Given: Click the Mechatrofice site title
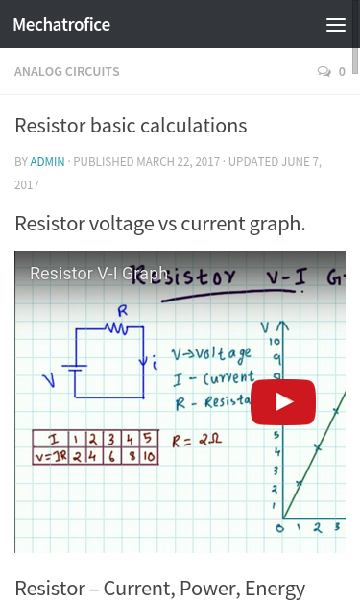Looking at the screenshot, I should pyautogui.click(x=61, y=25).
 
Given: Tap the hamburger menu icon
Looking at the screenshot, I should pyautogui.click(x=336, y=25).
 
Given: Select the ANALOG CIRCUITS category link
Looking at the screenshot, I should pyautogui.click(x=67, y=72).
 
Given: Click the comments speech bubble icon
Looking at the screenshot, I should pyautogui.click(x=324, y=72).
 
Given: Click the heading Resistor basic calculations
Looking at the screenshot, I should pyautogui.click(x=131, y=126).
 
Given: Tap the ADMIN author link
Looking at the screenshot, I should pyautogui.click(x=47, y=161).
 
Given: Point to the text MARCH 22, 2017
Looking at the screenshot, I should pyautogui.click(x=178, y=161).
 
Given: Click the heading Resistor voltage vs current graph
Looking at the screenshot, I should pyautogui.click(x=159, y=224).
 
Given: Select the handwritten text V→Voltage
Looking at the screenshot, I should pyautogui.click(x=211, y=353).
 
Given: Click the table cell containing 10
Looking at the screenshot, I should pyautogui.click(x=148, y=456).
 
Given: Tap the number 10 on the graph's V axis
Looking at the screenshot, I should pyautogui.click(x=275, y=342).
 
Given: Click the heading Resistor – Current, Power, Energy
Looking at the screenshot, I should pyautogui.click(x=159, y=588).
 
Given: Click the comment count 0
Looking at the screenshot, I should pyautogui.click(x=342, y=72).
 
